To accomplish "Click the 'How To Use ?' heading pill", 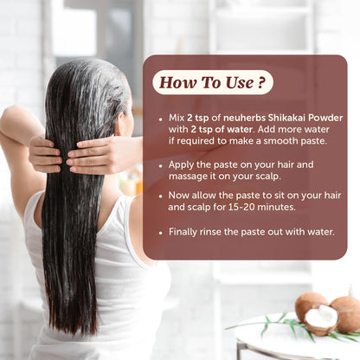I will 213,82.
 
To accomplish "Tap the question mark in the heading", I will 261,82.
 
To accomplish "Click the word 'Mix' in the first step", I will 171,118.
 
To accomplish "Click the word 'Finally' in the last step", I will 182,232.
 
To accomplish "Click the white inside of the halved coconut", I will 322,321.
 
